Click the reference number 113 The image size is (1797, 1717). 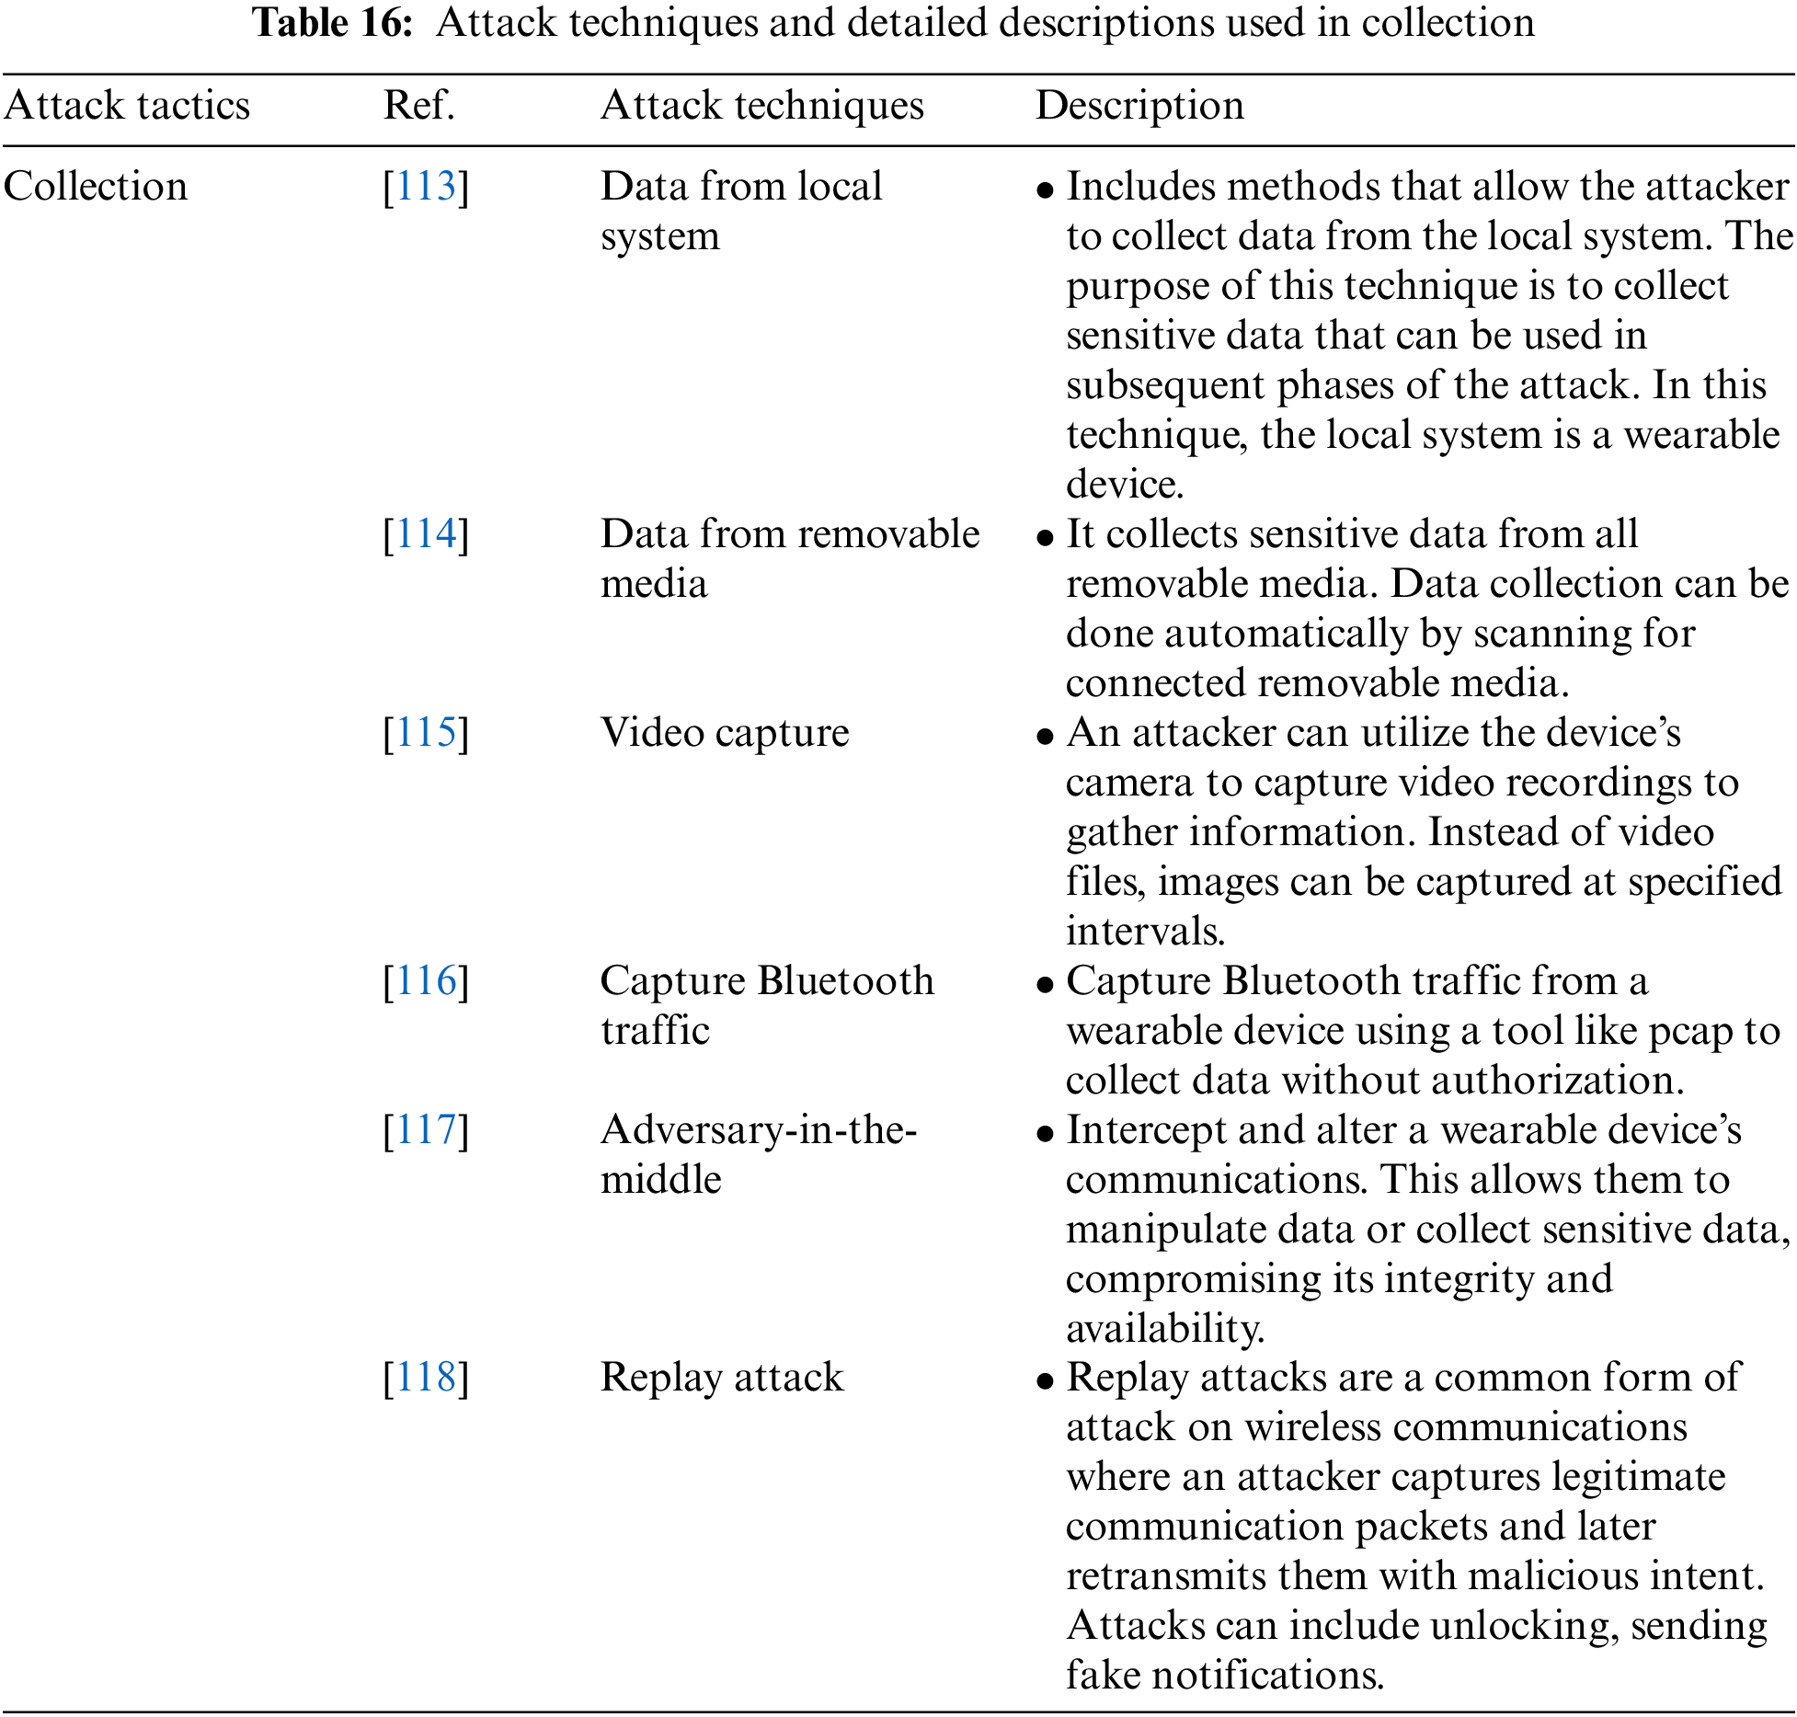point(426,187)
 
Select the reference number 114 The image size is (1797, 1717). point(426,534)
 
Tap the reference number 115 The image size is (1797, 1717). point(426,733)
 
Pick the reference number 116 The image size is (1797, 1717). point(426,981)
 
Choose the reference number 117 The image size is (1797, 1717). point(426,1130)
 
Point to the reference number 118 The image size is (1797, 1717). point(426,1378)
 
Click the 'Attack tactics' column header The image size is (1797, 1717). point(127,106)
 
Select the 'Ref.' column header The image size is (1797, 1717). point(419,106)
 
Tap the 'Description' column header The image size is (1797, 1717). point(1139,106)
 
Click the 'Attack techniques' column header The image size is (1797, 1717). point(761,106)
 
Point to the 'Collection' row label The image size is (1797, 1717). point(96,187)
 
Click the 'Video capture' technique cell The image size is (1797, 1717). point(725,733)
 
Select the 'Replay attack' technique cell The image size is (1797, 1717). point(722,1378)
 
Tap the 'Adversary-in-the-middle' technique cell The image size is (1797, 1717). point(758,1154)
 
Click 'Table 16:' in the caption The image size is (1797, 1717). point(333,23)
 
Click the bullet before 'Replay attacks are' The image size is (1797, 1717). point(1044,1381)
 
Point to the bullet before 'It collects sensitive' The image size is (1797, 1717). point(1044,538)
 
